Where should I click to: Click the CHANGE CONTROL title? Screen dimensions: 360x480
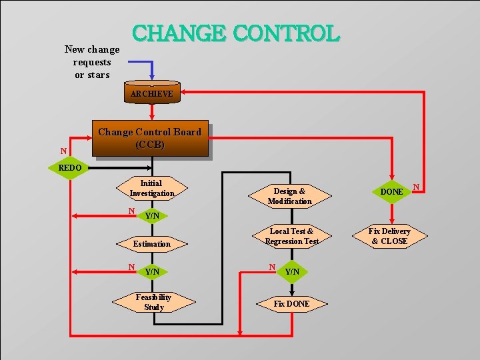(x=236, y=33)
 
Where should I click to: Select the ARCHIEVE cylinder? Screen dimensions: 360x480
(x=152, y=93)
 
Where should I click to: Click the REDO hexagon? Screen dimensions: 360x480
(x=70, y=168)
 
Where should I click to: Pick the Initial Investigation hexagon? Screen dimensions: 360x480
(x=151, y=189)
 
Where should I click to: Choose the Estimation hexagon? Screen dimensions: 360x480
(x=151, y=244)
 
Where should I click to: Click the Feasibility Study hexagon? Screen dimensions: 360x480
(x=153, y=302)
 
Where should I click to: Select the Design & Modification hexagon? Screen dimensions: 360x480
(x=289, y=196)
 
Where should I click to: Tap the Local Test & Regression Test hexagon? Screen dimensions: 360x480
(x=291, y=237)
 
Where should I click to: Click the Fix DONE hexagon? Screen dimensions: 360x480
(x=291, y=304)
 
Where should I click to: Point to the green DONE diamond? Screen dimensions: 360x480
(x=391, y=191)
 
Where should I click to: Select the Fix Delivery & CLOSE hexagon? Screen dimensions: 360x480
(x=390, y=237)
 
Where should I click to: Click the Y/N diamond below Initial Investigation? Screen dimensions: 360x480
(x=152, y=215)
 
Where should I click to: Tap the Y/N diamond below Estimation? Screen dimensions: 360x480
(x=152, y=271)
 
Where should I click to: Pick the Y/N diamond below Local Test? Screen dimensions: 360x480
(x=292, y=271)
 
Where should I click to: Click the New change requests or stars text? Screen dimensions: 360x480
(x=92, y=62)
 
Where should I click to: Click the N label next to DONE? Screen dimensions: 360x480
(x=416, y=186)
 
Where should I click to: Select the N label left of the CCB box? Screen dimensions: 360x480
(x=63, y=151)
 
